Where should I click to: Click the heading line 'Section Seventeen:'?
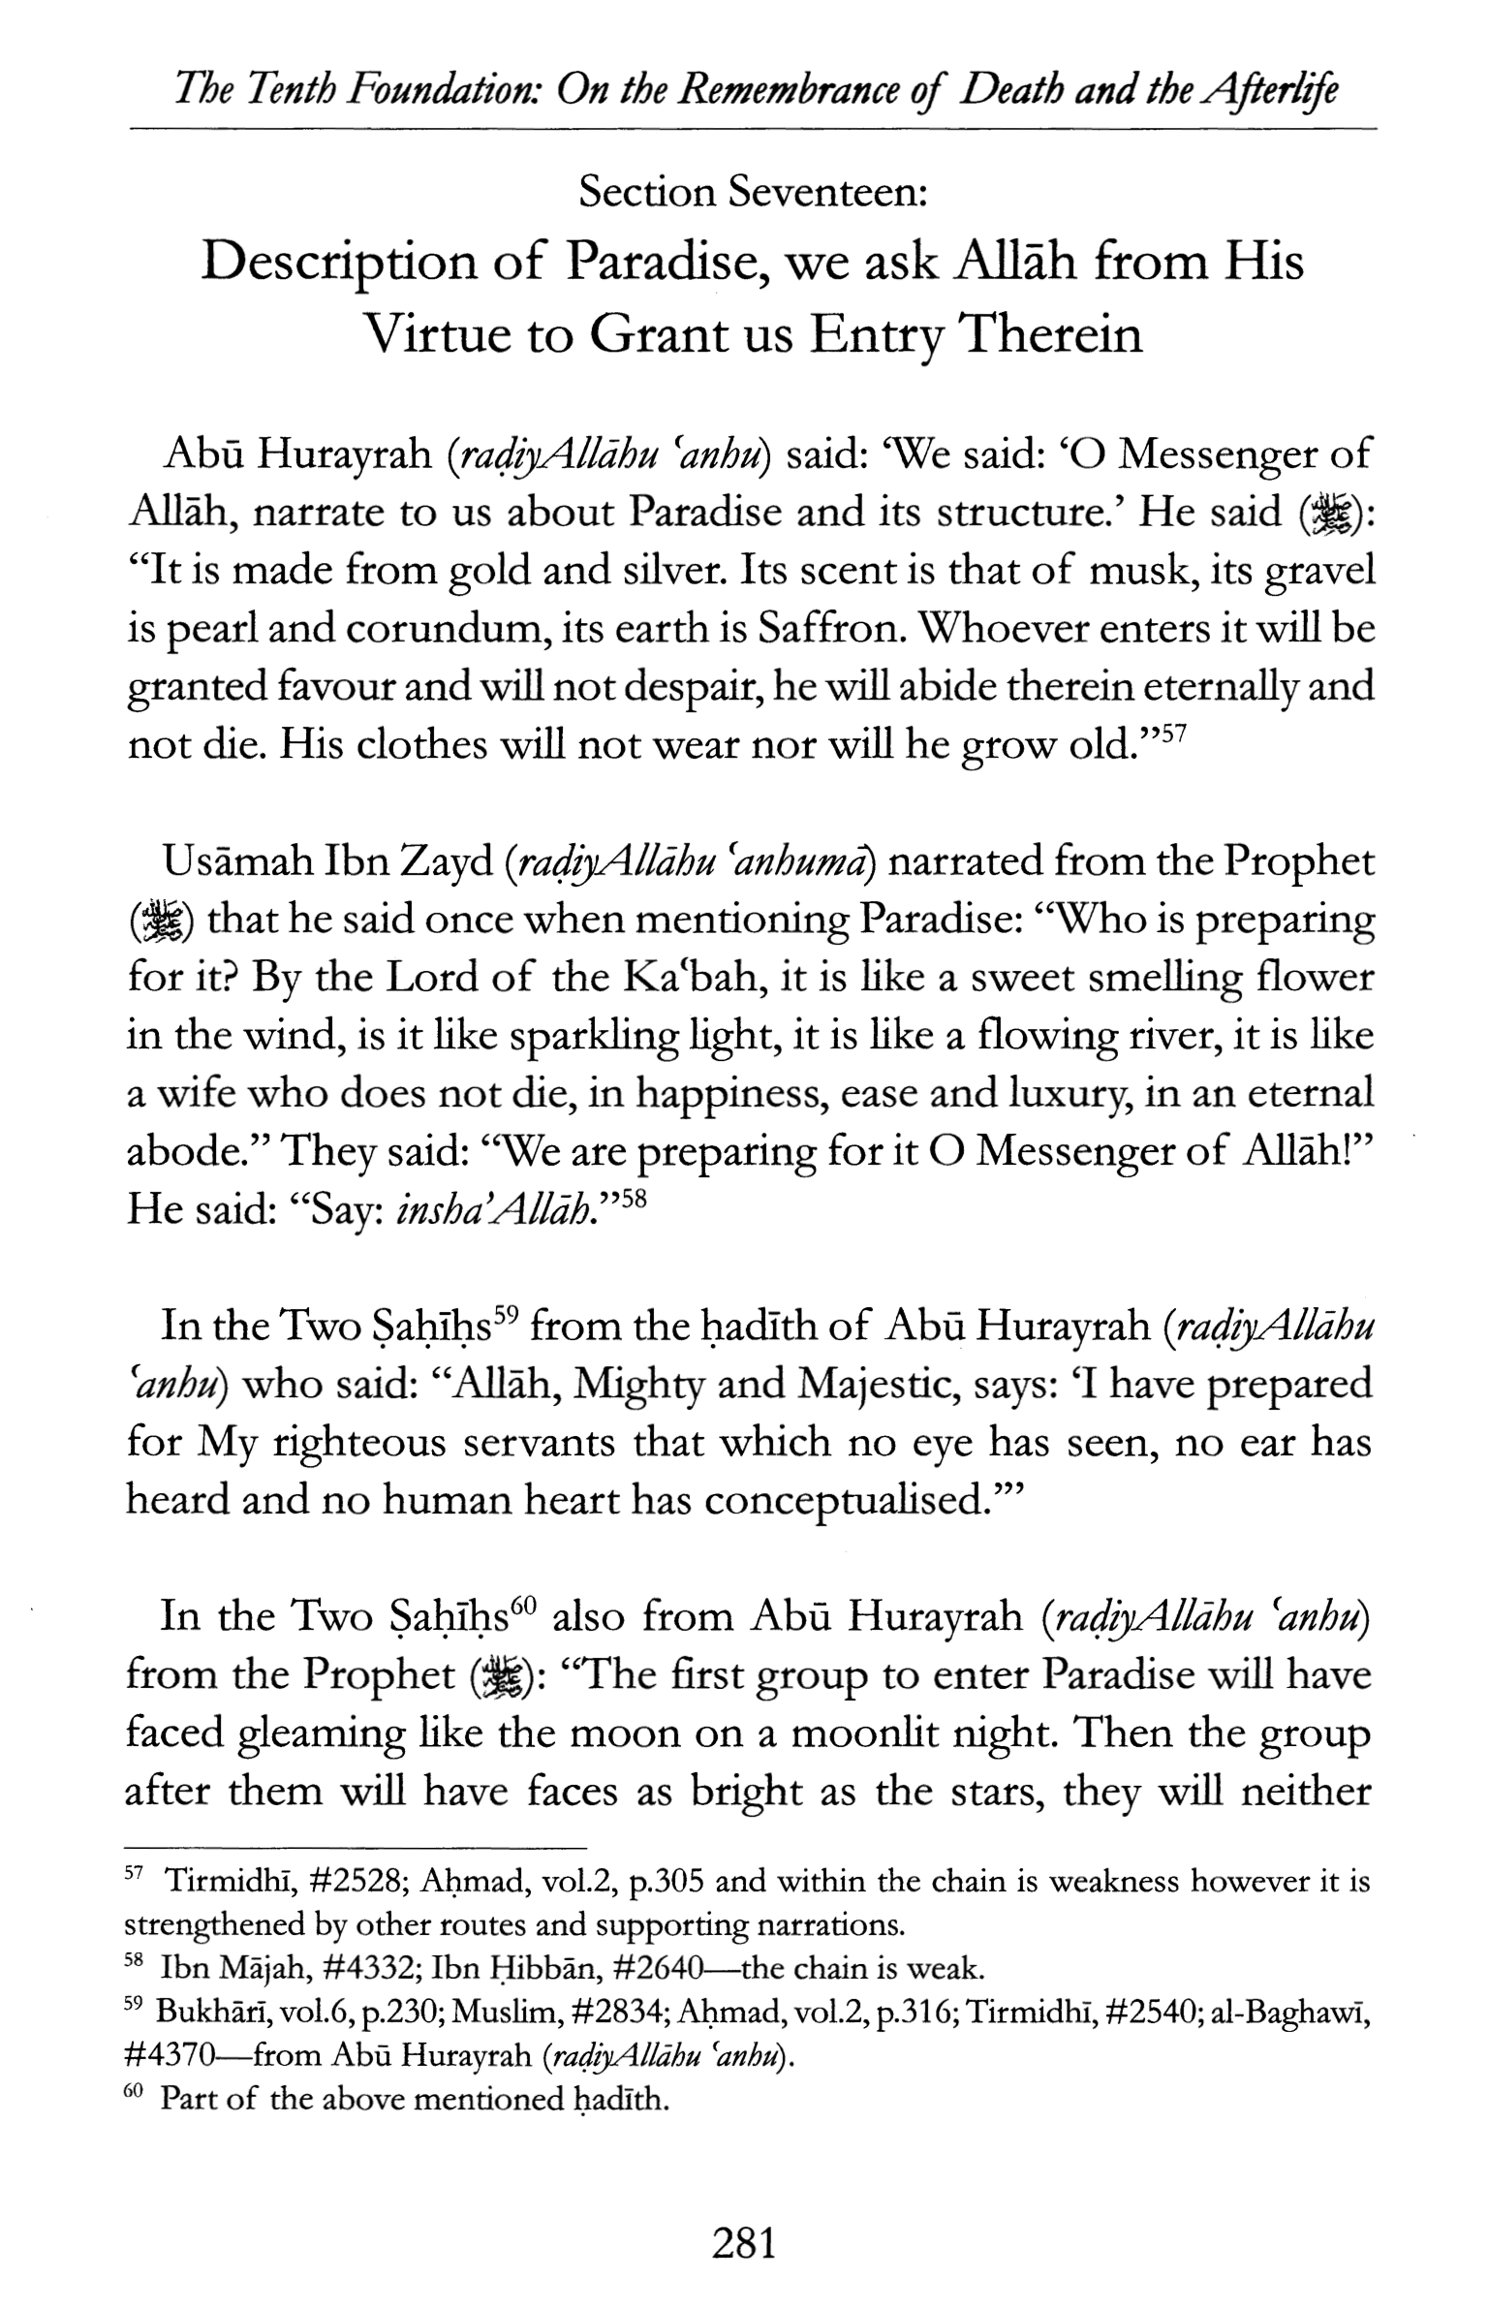point(754,192)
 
